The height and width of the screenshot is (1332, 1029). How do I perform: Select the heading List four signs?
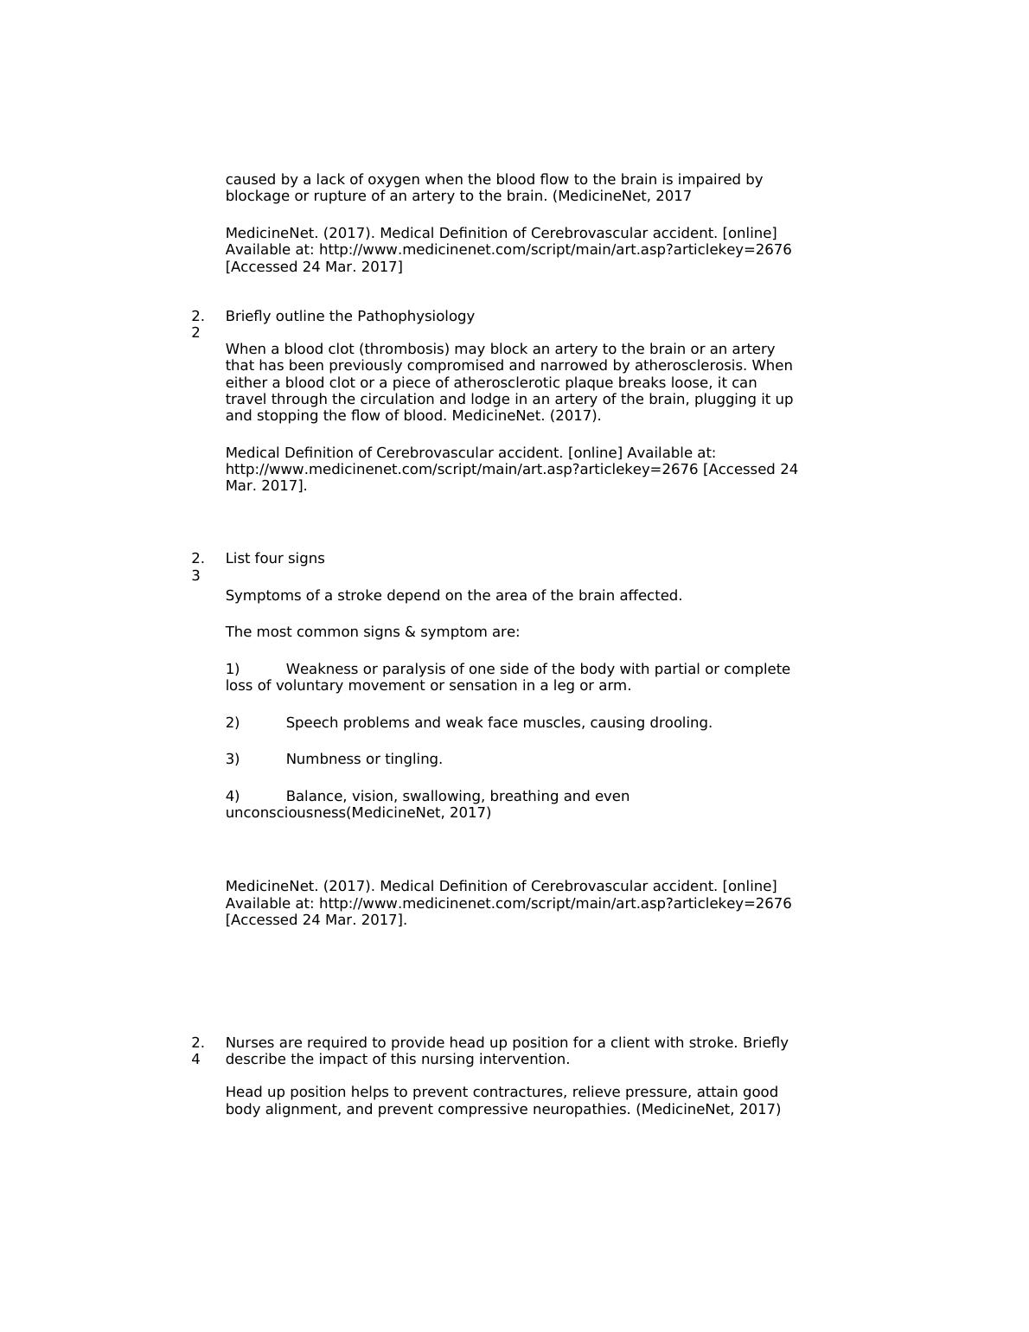click(275, 559)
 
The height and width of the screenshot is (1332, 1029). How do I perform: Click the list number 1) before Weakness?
click(233, 669)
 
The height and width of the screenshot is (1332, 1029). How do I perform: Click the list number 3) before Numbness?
click(233, 759)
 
